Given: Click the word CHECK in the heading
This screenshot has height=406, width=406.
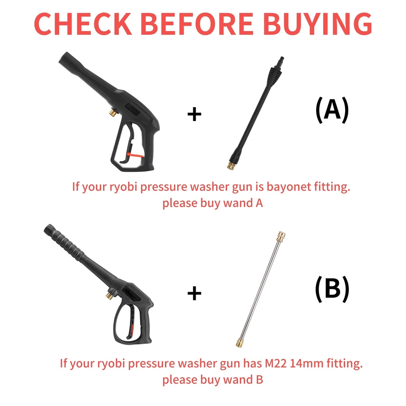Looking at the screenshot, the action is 83,24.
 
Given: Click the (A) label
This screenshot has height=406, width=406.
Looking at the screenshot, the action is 332,110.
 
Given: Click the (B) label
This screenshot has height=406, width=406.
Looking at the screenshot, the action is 332,289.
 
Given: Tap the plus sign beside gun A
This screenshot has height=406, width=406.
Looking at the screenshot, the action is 194,114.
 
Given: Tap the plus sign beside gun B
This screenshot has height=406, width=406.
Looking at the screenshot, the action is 194,293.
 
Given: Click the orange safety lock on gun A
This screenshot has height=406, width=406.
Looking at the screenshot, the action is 135,155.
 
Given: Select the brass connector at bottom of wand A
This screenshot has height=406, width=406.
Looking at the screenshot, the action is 231,165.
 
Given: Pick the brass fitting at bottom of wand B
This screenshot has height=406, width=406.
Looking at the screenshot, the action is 240,342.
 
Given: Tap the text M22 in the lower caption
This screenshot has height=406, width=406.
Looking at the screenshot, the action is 276,363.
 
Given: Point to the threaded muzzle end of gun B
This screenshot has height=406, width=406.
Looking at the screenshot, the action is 49,229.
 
